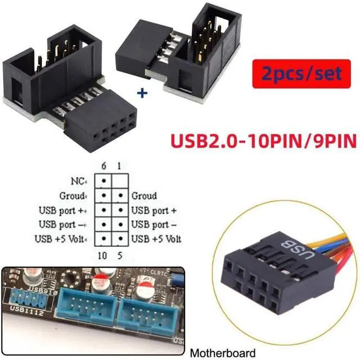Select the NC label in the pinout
[x=79, y=182]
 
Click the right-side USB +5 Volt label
[x=156, y=239]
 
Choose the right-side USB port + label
[x=154, y=210]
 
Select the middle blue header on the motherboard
[x=87, y=310]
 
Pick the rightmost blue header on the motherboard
[x=143, y=312]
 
